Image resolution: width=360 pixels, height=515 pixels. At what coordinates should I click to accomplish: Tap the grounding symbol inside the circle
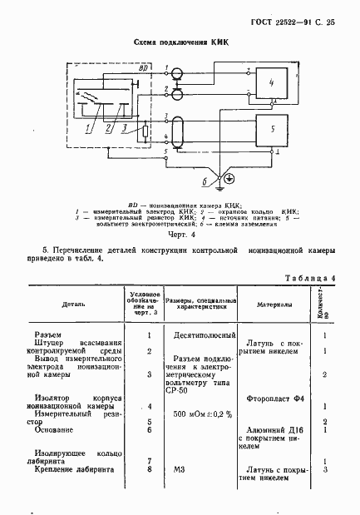click(x=219, y=177)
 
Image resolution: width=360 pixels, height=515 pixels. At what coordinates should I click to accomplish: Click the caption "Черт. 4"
click(x=180, y=235)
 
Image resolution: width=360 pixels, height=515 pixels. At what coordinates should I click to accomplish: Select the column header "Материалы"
click(x=272, y=305)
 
